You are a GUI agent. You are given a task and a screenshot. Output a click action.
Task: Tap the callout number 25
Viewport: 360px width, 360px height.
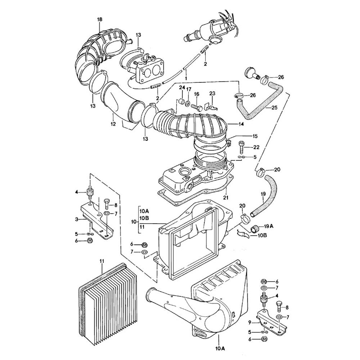(x=274, y=107)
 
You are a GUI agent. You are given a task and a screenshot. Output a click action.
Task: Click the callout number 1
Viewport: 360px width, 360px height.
(x=186, y=77)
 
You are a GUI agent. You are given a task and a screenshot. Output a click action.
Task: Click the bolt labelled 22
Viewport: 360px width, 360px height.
(x=242, y=147)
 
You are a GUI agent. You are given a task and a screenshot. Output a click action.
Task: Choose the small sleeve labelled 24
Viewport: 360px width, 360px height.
(x=182, y=101)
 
